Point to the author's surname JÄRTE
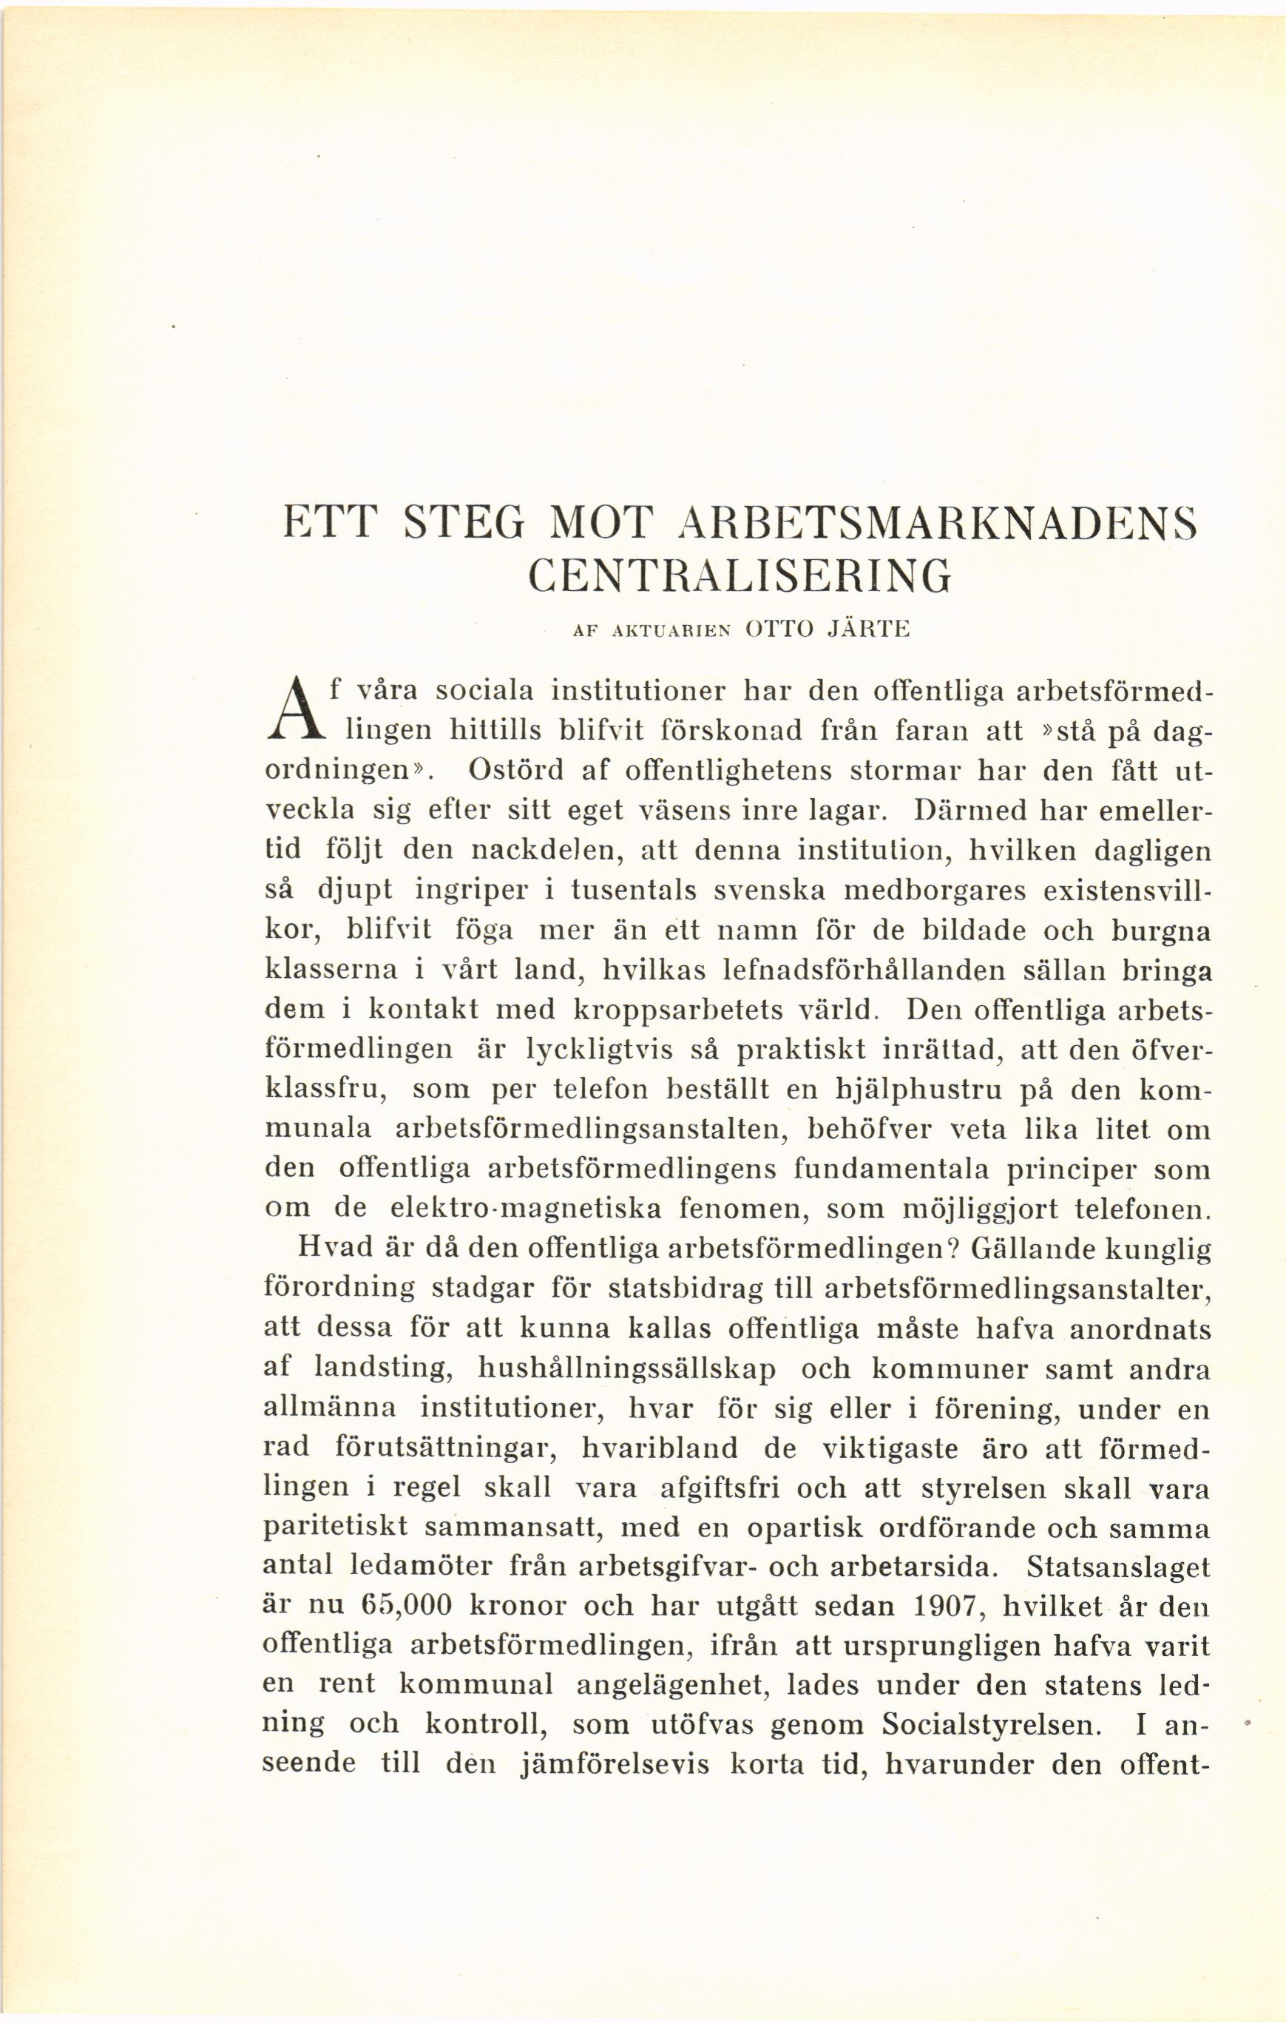click(867, 630)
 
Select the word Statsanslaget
click(1118, 1566)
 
